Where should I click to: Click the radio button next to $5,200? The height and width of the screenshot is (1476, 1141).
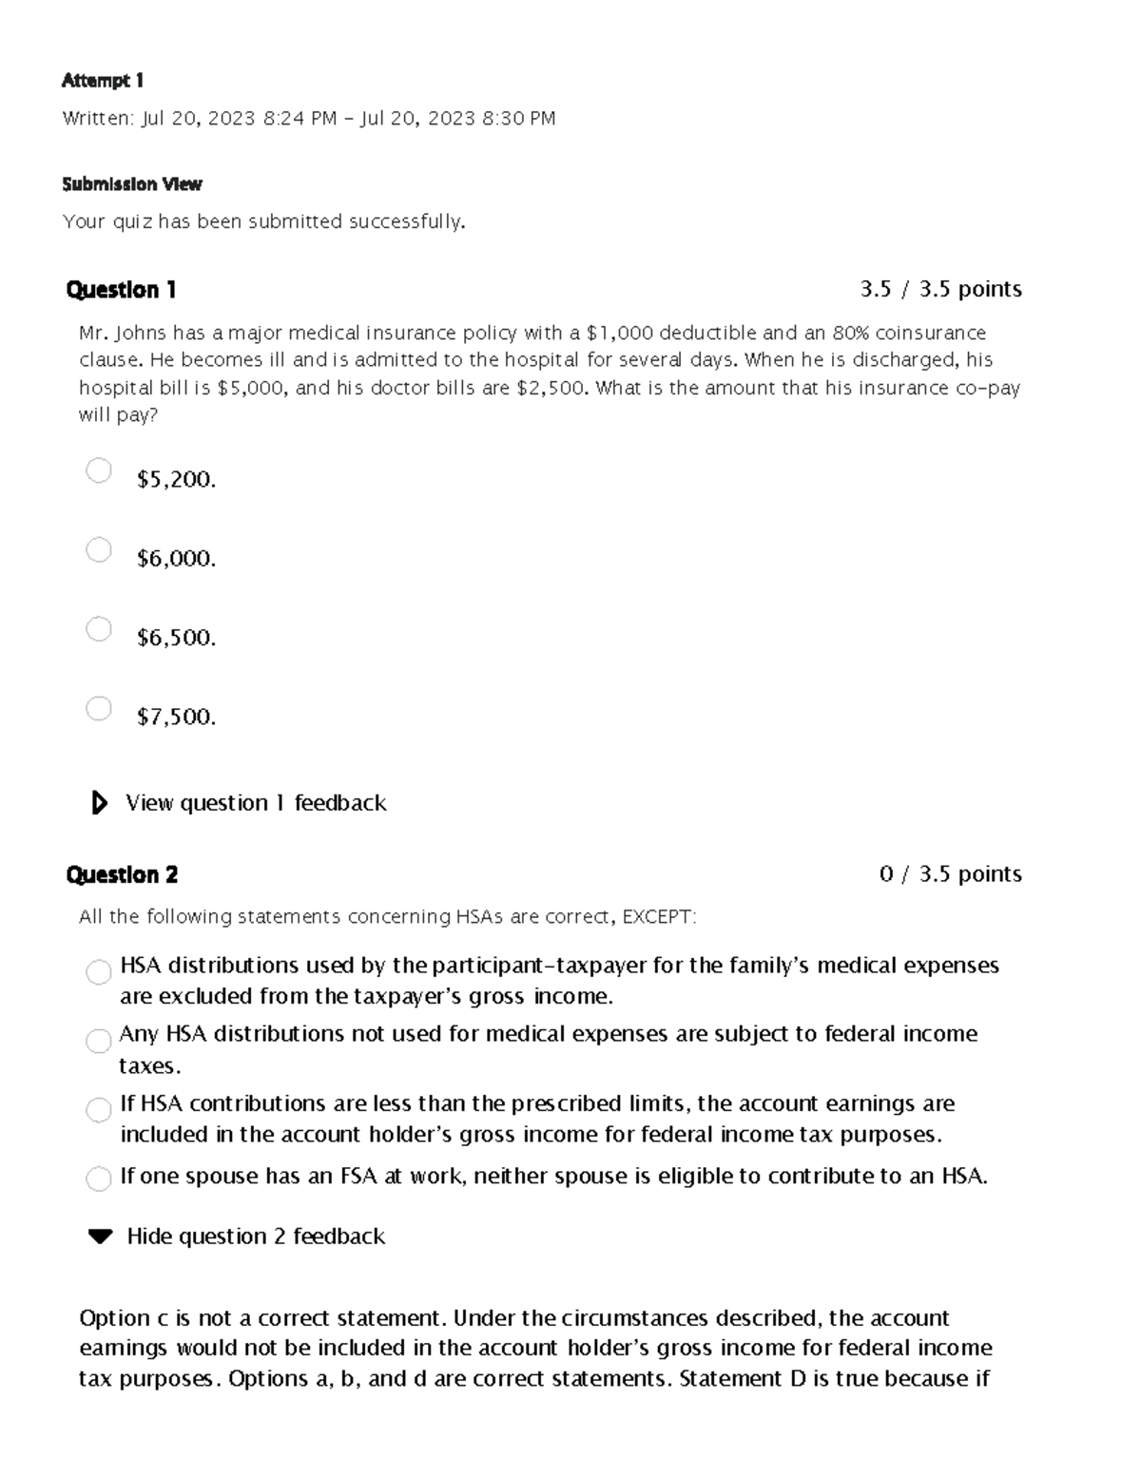click(x=99, y=470)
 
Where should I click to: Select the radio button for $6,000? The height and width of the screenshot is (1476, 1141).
click(x=99, y=549)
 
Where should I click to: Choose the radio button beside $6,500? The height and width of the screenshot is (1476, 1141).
click(x=99, y=629)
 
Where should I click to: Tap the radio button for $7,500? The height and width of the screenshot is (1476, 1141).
click(x=99, y=708)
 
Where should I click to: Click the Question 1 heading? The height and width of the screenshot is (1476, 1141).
click(x=121, y=290)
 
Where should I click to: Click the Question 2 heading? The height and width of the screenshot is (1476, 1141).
click(x=122, y=874)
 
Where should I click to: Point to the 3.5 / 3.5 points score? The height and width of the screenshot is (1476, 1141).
click(x=940, y=289)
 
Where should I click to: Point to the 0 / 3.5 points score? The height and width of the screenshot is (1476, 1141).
click(x=950, y=873)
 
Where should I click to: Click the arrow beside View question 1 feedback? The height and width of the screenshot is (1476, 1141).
click(x=99, y=803)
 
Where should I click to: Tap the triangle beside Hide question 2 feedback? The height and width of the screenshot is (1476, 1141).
click(x=100, y=1236)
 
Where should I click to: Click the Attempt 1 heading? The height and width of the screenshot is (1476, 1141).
click(x=103, y=81)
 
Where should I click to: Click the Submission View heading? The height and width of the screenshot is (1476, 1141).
click(x=132, y=184)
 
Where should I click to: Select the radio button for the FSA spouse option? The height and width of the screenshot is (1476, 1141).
click(x=99, y=1179)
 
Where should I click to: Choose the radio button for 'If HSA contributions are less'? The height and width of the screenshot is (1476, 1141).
click(x=99, y=1110)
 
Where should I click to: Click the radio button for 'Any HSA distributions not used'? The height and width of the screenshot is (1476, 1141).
click(x=99, y=1041)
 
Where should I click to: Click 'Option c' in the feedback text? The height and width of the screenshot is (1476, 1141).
click(x=115, y=1318)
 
